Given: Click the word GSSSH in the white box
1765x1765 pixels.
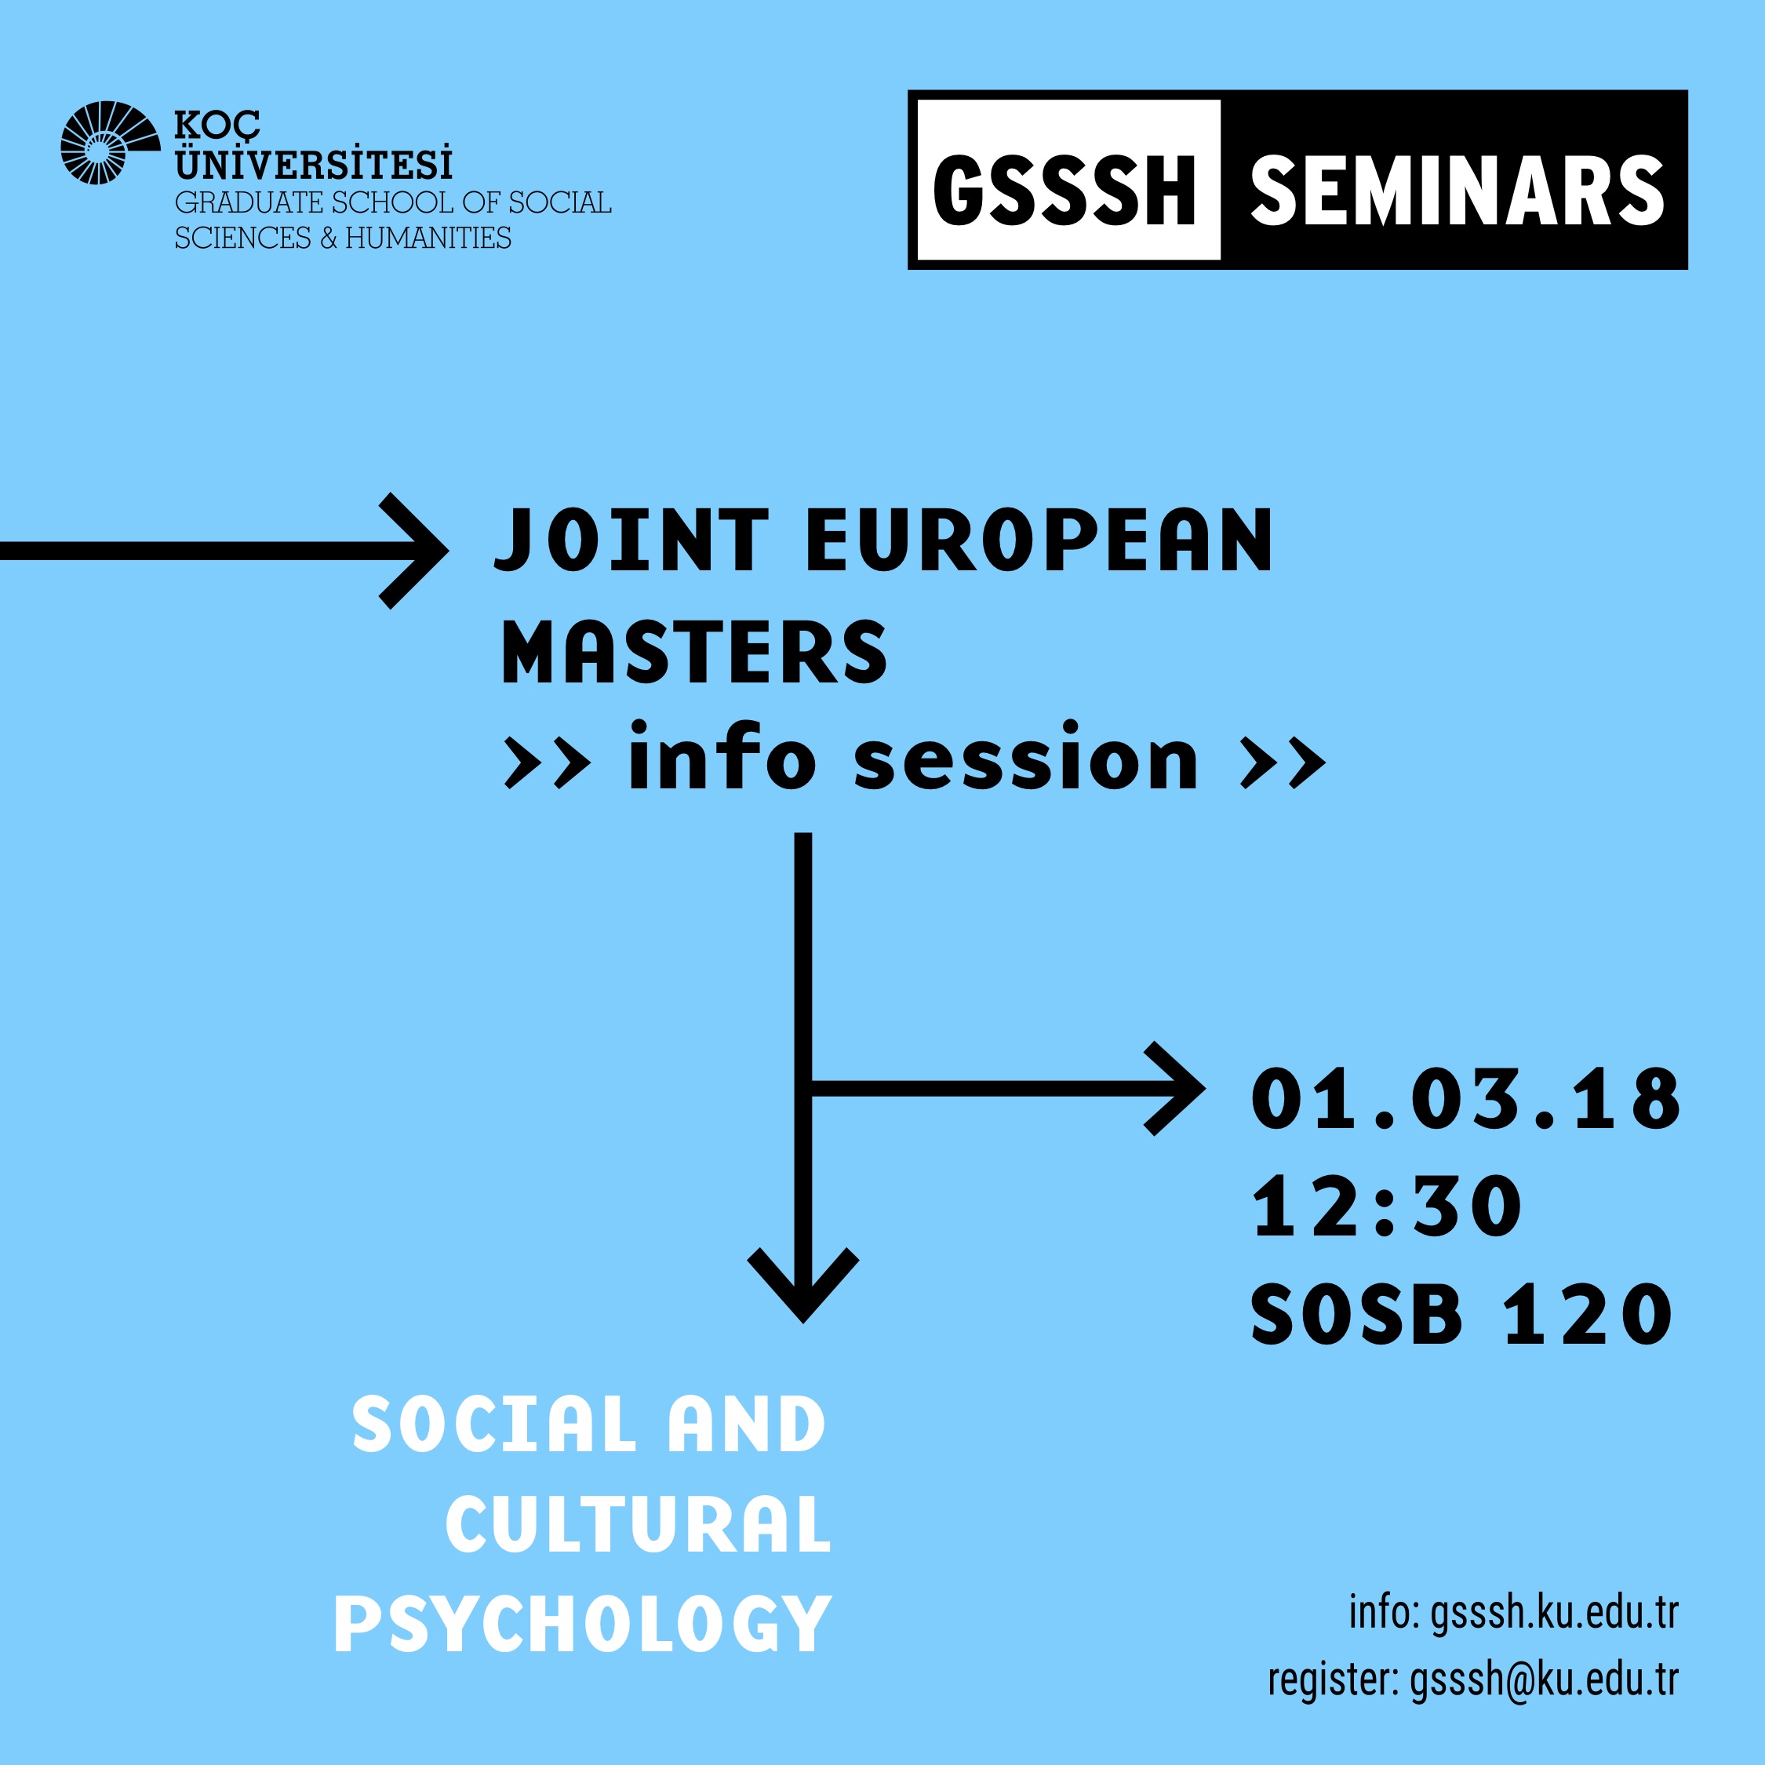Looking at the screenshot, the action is click(1064, 191).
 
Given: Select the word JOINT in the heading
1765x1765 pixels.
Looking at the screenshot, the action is click(631, 540).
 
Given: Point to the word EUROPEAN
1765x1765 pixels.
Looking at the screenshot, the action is click(1039, 540).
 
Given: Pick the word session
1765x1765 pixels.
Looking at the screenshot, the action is click(1025, 759).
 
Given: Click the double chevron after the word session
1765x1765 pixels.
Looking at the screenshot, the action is click(1283, 764).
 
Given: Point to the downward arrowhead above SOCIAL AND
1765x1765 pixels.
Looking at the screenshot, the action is click(803, 1286).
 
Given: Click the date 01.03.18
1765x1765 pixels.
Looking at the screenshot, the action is click(1465, 1099).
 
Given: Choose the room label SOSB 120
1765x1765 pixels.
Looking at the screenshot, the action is click(1461, 1315).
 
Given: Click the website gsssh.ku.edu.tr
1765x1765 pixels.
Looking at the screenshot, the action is click(1554, 1613).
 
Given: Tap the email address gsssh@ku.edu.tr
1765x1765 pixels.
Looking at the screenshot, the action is click(1544, 1679).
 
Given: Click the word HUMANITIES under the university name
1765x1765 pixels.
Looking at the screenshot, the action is click(428, 238).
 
